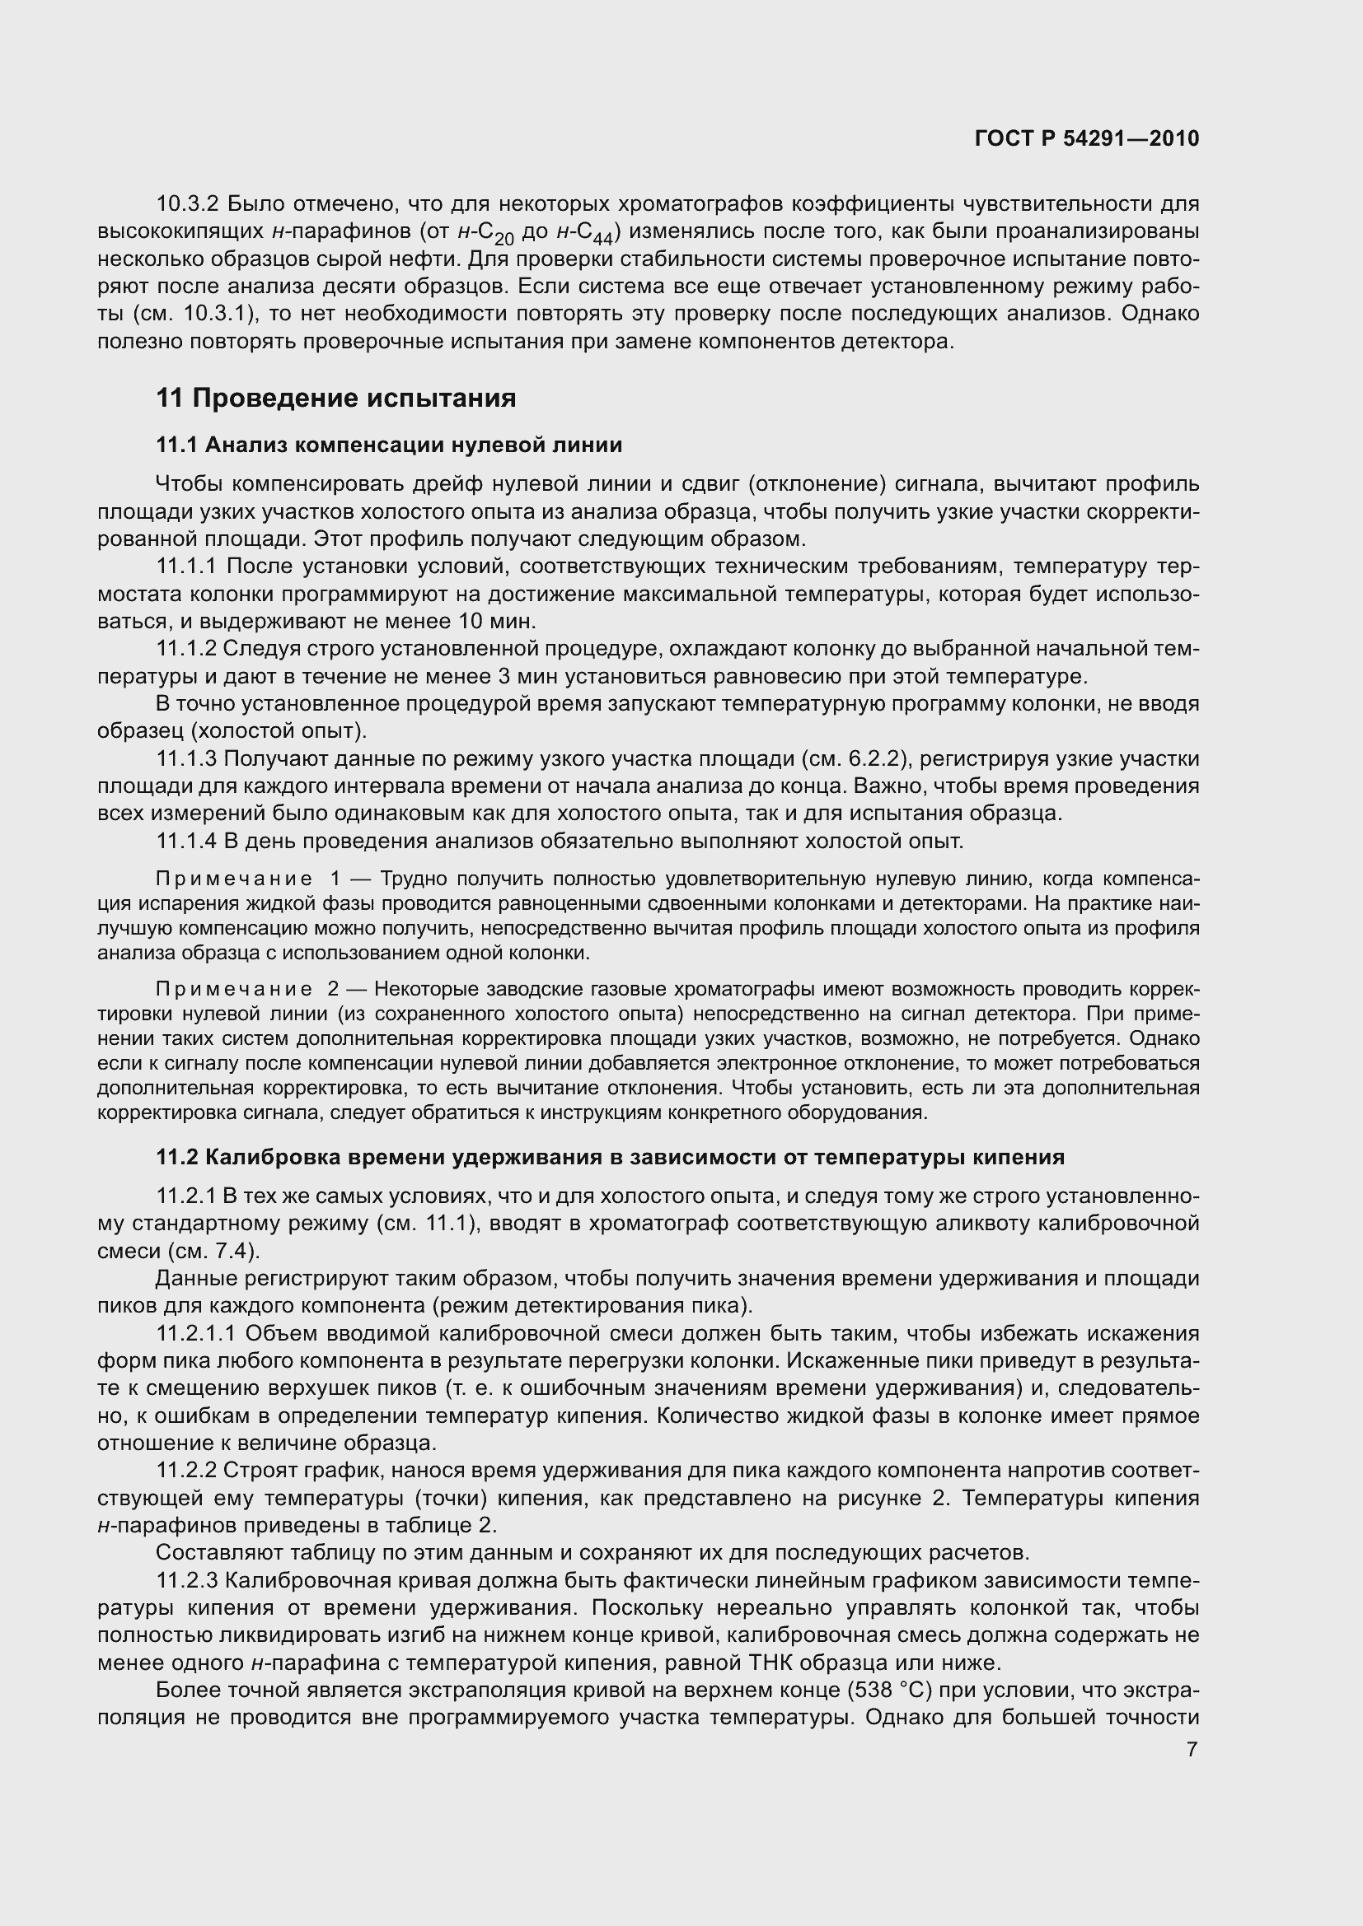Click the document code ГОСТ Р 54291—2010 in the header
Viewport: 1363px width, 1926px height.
1087,138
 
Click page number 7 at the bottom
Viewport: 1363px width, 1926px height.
1192,1750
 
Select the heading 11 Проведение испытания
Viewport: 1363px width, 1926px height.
335,398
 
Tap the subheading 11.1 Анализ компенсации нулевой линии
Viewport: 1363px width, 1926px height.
389,445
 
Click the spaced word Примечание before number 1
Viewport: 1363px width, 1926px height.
234,879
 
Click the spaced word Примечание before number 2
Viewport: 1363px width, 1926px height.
234,989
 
